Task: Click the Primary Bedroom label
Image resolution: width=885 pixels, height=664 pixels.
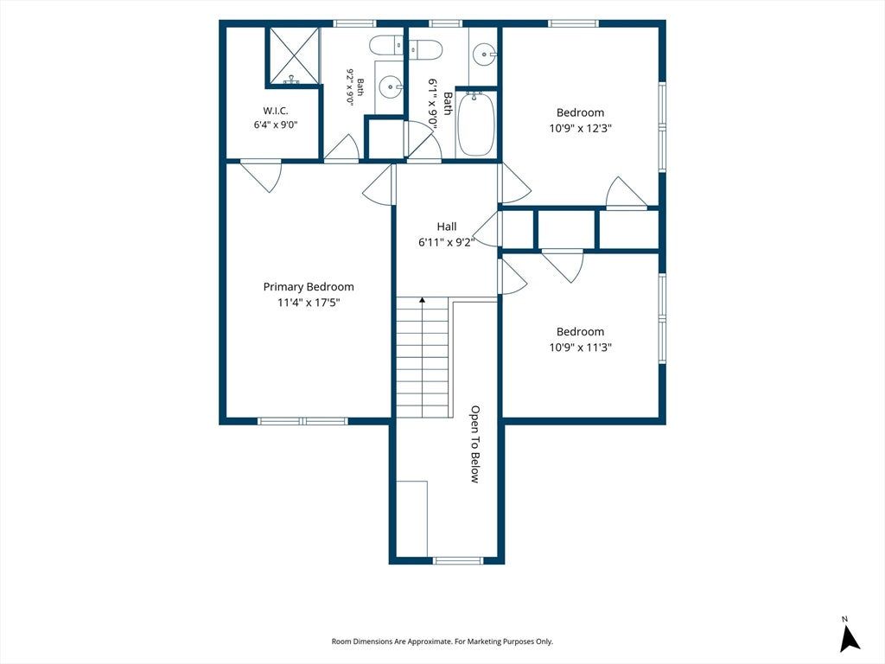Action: (309, 287)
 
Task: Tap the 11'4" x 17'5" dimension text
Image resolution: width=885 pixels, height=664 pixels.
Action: (309, 303)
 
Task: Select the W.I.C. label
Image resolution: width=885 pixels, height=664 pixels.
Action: (276, 112)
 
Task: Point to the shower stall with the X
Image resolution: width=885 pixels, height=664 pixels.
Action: (293, 56)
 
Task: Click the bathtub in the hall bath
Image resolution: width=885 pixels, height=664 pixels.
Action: (476, 124)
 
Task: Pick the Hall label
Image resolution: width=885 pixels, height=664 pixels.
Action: (447, 227)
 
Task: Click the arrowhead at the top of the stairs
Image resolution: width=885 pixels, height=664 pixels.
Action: (422, 300)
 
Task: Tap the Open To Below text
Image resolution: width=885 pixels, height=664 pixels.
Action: (475, 444)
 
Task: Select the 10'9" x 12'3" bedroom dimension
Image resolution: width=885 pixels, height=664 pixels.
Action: (580, 128)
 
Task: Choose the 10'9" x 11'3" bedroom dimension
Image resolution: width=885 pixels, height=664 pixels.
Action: (580, 348)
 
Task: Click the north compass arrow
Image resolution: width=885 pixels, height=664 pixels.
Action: (850, 639)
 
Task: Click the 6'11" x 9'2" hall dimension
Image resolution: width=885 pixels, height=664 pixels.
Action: (447, 242)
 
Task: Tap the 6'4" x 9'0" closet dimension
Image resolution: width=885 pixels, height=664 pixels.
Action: (276, 124)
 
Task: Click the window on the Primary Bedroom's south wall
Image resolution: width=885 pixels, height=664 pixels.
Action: (302, 421)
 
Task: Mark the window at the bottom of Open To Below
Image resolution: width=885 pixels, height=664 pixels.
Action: (458, 560)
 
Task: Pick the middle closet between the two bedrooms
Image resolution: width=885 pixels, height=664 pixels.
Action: (566, 228)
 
